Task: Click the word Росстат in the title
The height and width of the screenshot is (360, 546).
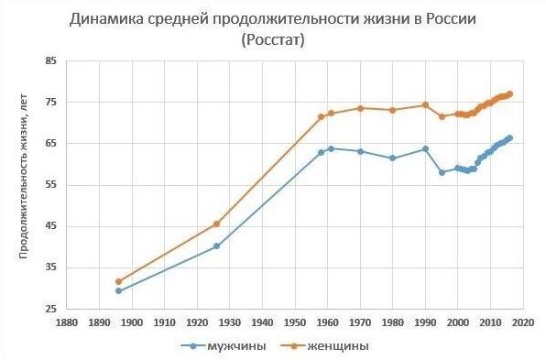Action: [x=272, y=40]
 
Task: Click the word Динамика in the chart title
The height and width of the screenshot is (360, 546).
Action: [x=108, y=19]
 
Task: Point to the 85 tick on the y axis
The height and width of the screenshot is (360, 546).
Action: [x=50, y=61]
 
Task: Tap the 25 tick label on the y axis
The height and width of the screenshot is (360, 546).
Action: [x=50, y=309]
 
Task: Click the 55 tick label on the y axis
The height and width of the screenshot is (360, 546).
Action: [x=50, y=185]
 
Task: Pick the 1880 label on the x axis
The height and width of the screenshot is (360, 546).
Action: [x=66, y=322]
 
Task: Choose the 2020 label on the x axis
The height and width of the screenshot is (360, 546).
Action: [x=523, y=322]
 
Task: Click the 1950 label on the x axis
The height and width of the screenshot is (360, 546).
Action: [x=295, y=322]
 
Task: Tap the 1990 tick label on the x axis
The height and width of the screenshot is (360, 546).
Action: [x=425, y=322]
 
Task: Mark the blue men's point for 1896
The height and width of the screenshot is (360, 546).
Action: [x=118, y=290]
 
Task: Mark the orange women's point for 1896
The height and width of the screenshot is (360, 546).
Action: [x=118, y=281]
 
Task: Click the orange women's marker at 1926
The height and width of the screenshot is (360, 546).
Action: [x=216, y=224]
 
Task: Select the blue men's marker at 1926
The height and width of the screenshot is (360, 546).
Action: [x=216, y=245]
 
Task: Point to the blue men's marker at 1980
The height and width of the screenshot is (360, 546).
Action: [x=392, y=158]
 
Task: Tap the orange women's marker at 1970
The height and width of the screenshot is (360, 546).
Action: [x=360, y=108]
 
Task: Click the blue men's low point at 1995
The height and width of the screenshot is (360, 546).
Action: [x=442, y=172]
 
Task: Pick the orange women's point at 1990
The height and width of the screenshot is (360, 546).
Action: [x=425, y=104]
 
